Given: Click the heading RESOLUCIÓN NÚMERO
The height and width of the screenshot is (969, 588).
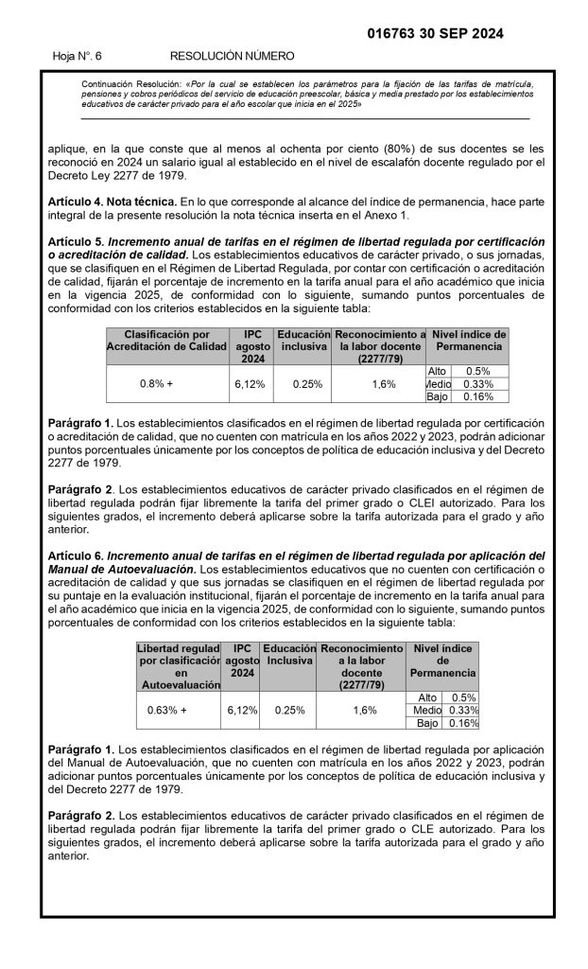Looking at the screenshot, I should click(x=232, y=57).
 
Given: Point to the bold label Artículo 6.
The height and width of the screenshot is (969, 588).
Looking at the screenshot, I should click(x=75, y=555).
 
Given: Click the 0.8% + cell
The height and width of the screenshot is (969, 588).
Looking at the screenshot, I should click(x=156, y=384).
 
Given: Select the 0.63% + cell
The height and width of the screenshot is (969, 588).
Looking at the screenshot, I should click(x=167, y=710).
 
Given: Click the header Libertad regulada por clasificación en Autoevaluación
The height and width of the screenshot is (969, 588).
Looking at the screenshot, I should click(x=179, y=665).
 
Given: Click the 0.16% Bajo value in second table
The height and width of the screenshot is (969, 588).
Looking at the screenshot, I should click(x=463, y=723).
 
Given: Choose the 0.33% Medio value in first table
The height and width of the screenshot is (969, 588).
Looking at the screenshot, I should click(x=479, y=384).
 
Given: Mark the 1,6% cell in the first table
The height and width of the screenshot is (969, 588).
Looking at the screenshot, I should click(x=384, y=384).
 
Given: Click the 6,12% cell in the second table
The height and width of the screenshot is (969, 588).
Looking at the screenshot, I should click(x=242, y=710).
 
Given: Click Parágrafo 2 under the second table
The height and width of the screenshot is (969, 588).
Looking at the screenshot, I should click(x=80, y=814).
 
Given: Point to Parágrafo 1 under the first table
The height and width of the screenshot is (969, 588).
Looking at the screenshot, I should click(x=80, y=421).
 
